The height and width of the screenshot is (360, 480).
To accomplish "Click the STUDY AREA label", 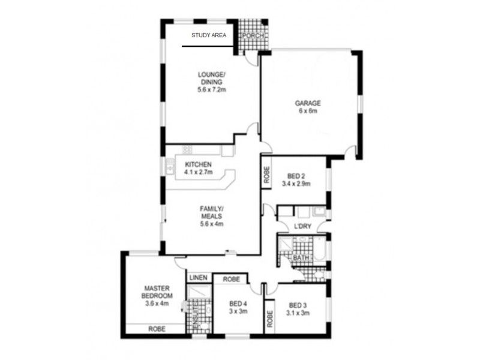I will (208, 35).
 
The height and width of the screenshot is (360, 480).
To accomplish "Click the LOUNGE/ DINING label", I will (211, 79).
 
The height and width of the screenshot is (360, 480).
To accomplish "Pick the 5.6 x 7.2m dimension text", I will (211, 89).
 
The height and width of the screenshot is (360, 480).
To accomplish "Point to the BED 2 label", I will (296, 176).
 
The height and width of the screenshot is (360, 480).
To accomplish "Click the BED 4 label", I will (238, 303).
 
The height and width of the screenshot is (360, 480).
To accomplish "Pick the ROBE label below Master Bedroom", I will (157, 329).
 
